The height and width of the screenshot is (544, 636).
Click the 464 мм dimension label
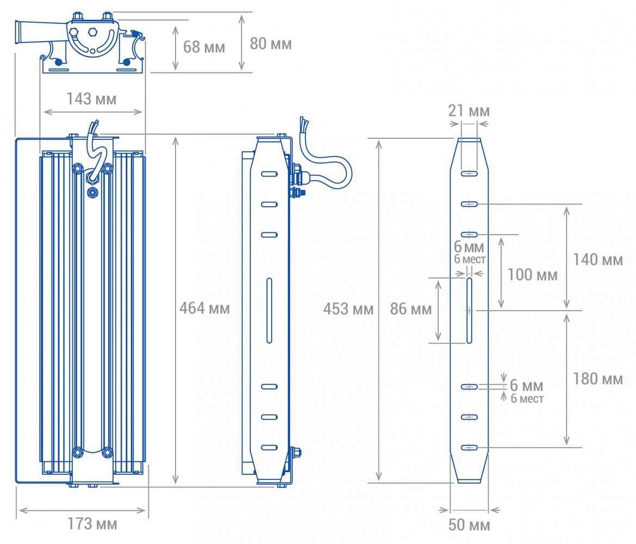click(x=204, y=308)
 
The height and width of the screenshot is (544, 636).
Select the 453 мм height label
click(x=348, y=309)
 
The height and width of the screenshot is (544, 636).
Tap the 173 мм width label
click(x=92, y=524)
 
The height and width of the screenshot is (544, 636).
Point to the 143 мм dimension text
click(x=91, y=98)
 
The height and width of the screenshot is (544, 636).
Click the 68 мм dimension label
click(x=204, y=47)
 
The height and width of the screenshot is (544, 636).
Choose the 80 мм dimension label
click(x=271, y=44)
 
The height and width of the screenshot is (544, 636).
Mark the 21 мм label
click(x=469, y=110)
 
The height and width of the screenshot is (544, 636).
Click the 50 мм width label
click(x=469, y=524)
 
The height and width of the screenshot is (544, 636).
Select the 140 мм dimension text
click(x=597, y=259)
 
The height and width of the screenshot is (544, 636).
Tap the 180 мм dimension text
click(x=597, y=379)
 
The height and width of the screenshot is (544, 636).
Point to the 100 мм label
click(x=533, y=275)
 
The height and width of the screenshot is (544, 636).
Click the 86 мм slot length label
click(x=411, y=309)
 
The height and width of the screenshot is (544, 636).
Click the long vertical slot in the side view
click(x=269, y=311)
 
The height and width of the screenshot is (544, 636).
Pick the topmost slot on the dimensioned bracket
click(x=469, y=174)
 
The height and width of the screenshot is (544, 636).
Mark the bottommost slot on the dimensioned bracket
click(x=469, y=447)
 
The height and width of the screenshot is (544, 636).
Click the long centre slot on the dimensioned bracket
click(x=469, y=311)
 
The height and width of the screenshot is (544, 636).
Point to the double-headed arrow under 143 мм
click(x=93, y=112)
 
